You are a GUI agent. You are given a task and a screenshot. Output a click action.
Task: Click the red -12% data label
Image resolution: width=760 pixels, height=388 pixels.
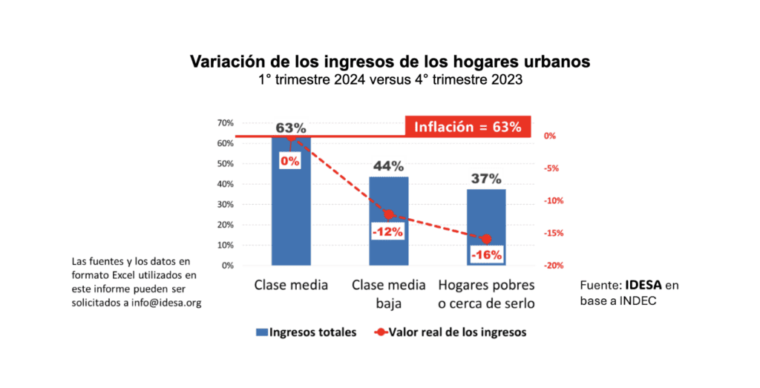(388, 231)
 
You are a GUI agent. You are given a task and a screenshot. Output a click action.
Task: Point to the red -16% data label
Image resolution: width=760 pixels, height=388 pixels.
(487, 255)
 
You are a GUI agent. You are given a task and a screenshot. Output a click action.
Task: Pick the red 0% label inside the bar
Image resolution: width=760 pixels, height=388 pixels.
(289, 160)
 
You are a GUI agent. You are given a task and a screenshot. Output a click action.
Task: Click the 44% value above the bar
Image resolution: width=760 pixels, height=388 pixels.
(388, 166)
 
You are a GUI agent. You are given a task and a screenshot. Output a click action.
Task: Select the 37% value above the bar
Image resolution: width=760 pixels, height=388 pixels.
(486, 179)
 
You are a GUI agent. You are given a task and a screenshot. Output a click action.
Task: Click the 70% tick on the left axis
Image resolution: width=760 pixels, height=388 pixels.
(225, 122)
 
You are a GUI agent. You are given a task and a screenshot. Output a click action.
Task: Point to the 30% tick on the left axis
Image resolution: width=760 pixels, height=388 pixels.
(225, 204)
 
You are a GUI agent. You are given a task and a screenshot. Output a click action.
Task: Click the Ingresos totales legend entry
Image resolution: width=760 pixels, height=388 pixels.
(306, 332)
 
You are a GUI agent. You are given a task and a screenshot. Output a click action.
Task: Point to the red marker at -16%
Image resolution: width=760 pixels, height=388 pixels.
(487, 239)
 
